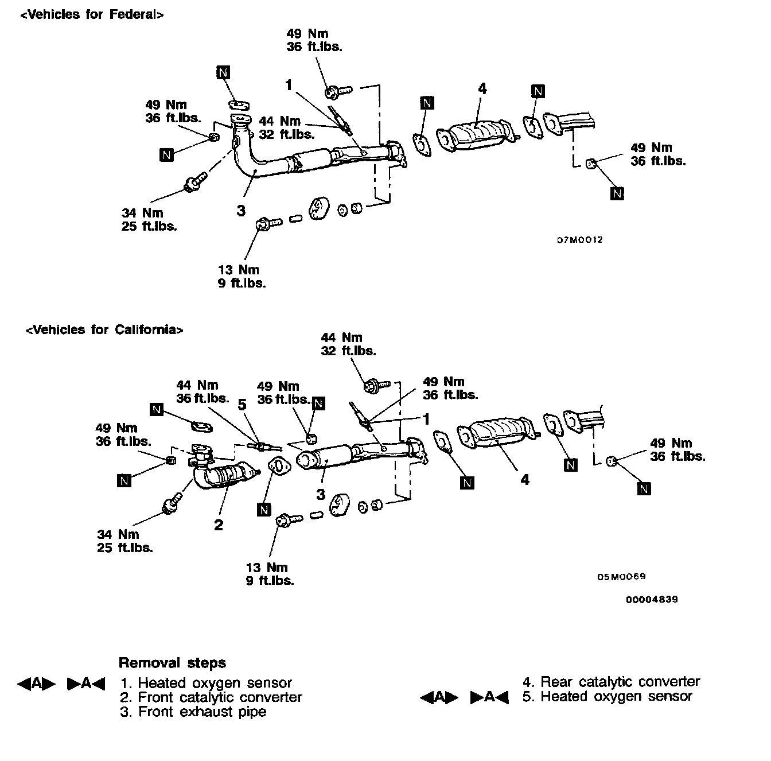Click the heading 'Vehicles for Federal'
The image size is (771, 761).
[x=92, y=15]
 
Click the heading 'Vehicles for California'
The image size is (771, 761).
[x=104, y=330]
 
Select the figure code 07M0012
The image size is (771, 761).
[x=579, y=240]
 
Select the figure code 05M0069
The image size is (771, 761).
[x=621, y=577]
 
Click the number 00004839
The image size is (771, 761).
[x=652, y=600]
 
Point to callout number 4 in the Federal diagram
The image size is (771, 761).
[x=482, y=89]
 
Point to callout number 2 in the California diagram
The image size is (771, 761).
[x=218, y=525]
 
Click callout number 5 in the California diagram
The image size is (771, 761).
[x=242, y=405]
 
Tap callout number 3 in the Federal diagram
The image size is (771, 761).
[x=241, y=211]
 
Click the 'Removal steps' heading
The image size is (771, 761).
[x=172, y=663]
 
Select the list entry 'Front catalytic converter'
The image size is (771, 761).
[x=220, y=697]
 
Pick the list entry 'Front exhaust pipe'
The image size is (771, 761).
[x=202, y=712]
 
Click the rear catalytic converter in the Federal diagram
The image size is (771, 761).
[x=476, y=136]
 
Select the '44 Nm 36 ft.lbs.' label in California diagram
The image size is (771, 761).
[x=202, y=391]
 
